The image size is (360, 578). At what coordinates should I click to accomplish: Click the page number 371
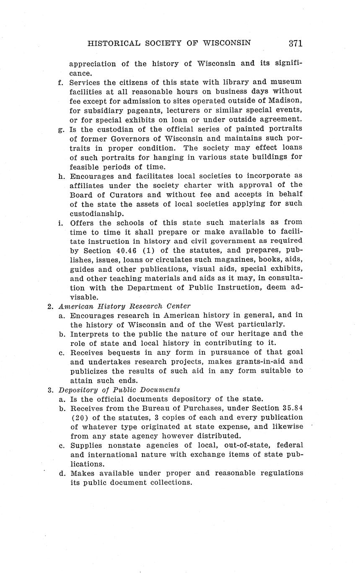click(x=295, y=43)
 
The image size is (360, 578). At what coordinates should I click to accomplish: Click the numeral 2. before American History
click(x=50, y=306)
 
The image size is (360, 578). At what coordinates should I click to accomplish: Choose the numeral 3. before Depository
click(x=50, y=390)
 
